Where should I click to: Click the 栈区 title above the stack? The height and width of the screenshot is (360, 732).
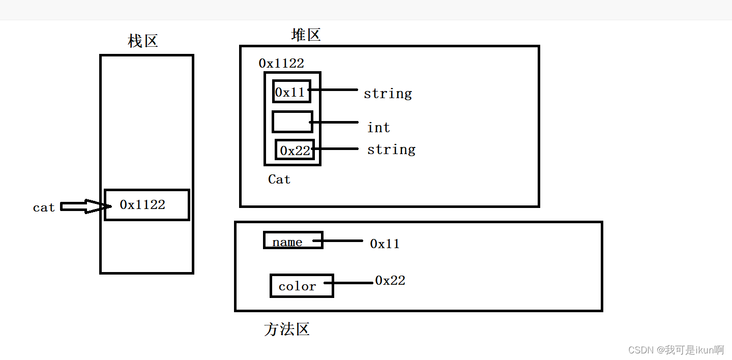[x=143, y=41]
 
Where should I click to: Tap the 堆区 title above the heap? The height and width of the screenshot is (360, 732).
[x=306, y=35]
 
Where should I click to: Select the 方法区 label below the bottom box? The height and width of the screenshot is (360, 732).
[x=287, y=329]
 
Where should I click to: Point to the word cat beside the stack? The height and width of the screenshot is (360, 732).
[x=44, y=207]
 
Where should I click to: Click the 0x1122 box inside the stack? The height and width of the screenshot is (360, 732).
[x=147, y=205]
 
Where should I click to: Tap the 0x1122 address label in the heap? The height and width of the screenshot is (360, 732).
[x=281, y=64]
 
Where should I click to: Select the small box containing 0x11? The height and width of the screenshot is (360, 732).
[x=291, y=92]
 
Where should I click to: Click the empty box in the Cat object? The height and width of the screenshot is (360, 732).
[x=291, y=122]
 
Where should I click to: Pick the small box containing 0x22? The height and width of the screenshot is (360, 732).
[x=295, y=150]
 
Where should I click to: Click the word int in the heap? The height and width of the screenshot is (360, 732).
[x=378, y=128]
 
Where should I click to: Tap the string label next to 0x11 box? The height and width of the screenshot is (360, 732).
[x=388, y=94]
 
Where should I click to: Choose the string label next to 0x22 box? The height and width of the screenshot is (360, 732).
[x=391, y=150]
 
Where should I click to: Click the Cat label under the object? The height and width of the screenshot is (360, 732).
[x=279, y=179]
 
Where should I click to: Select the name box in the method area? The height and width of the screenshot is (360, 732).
[x=293, y=241]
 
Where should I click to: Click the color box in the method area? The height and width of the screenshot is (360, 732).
[x=301, y=286]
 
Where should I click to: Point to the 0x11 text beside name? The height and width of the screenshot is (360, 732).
[x=385, y=244]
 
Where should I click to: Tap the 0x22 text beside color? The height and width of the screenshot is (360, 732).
[x=390, y=281]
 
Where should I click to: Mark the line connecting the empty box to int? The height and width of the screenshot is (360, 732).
[x=334, y=122]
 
